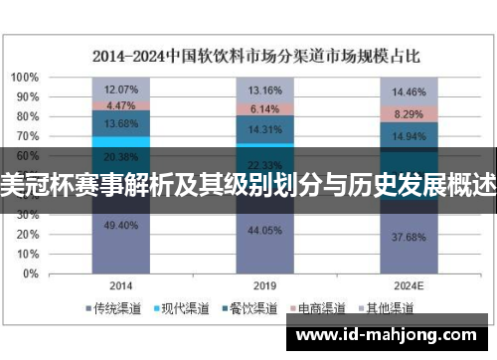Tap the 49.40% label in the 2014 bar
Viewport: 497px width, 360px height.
tap(120, 225)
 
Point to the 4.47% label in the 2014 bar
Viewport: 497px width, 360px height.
tap(120, 104)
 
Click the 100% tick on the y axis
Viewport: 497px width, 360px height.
tap(25, 77)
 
